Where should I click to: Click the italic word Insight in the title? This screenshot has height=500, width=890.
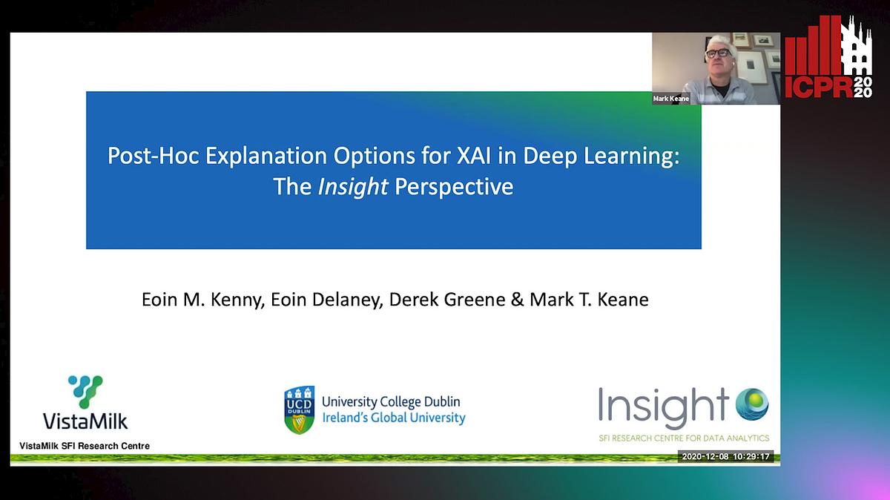[x=352, y=186]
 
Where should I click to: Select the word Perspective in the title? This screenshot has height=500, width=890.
[x=454, y=186]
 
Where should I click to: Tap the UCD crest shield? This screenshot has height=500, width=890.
[x=299, y=409]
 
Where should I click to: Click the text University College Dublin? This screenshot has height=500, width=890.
[x=391, y=401]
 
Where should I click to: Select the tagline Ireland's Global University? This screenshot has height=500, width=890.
[x=393, y=418]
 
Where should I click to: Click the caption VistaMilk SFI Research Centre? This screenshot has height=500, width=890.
[x=85, y=446]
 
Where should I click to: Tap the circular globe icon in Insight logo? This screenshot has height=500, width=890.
[x=752, y=404]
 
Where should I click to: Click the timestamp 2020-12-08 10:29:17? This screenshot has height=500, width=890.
[x=727, y=456]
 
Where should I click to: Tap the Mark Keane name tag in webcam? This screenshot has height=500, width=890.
[x=671, y=98]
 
